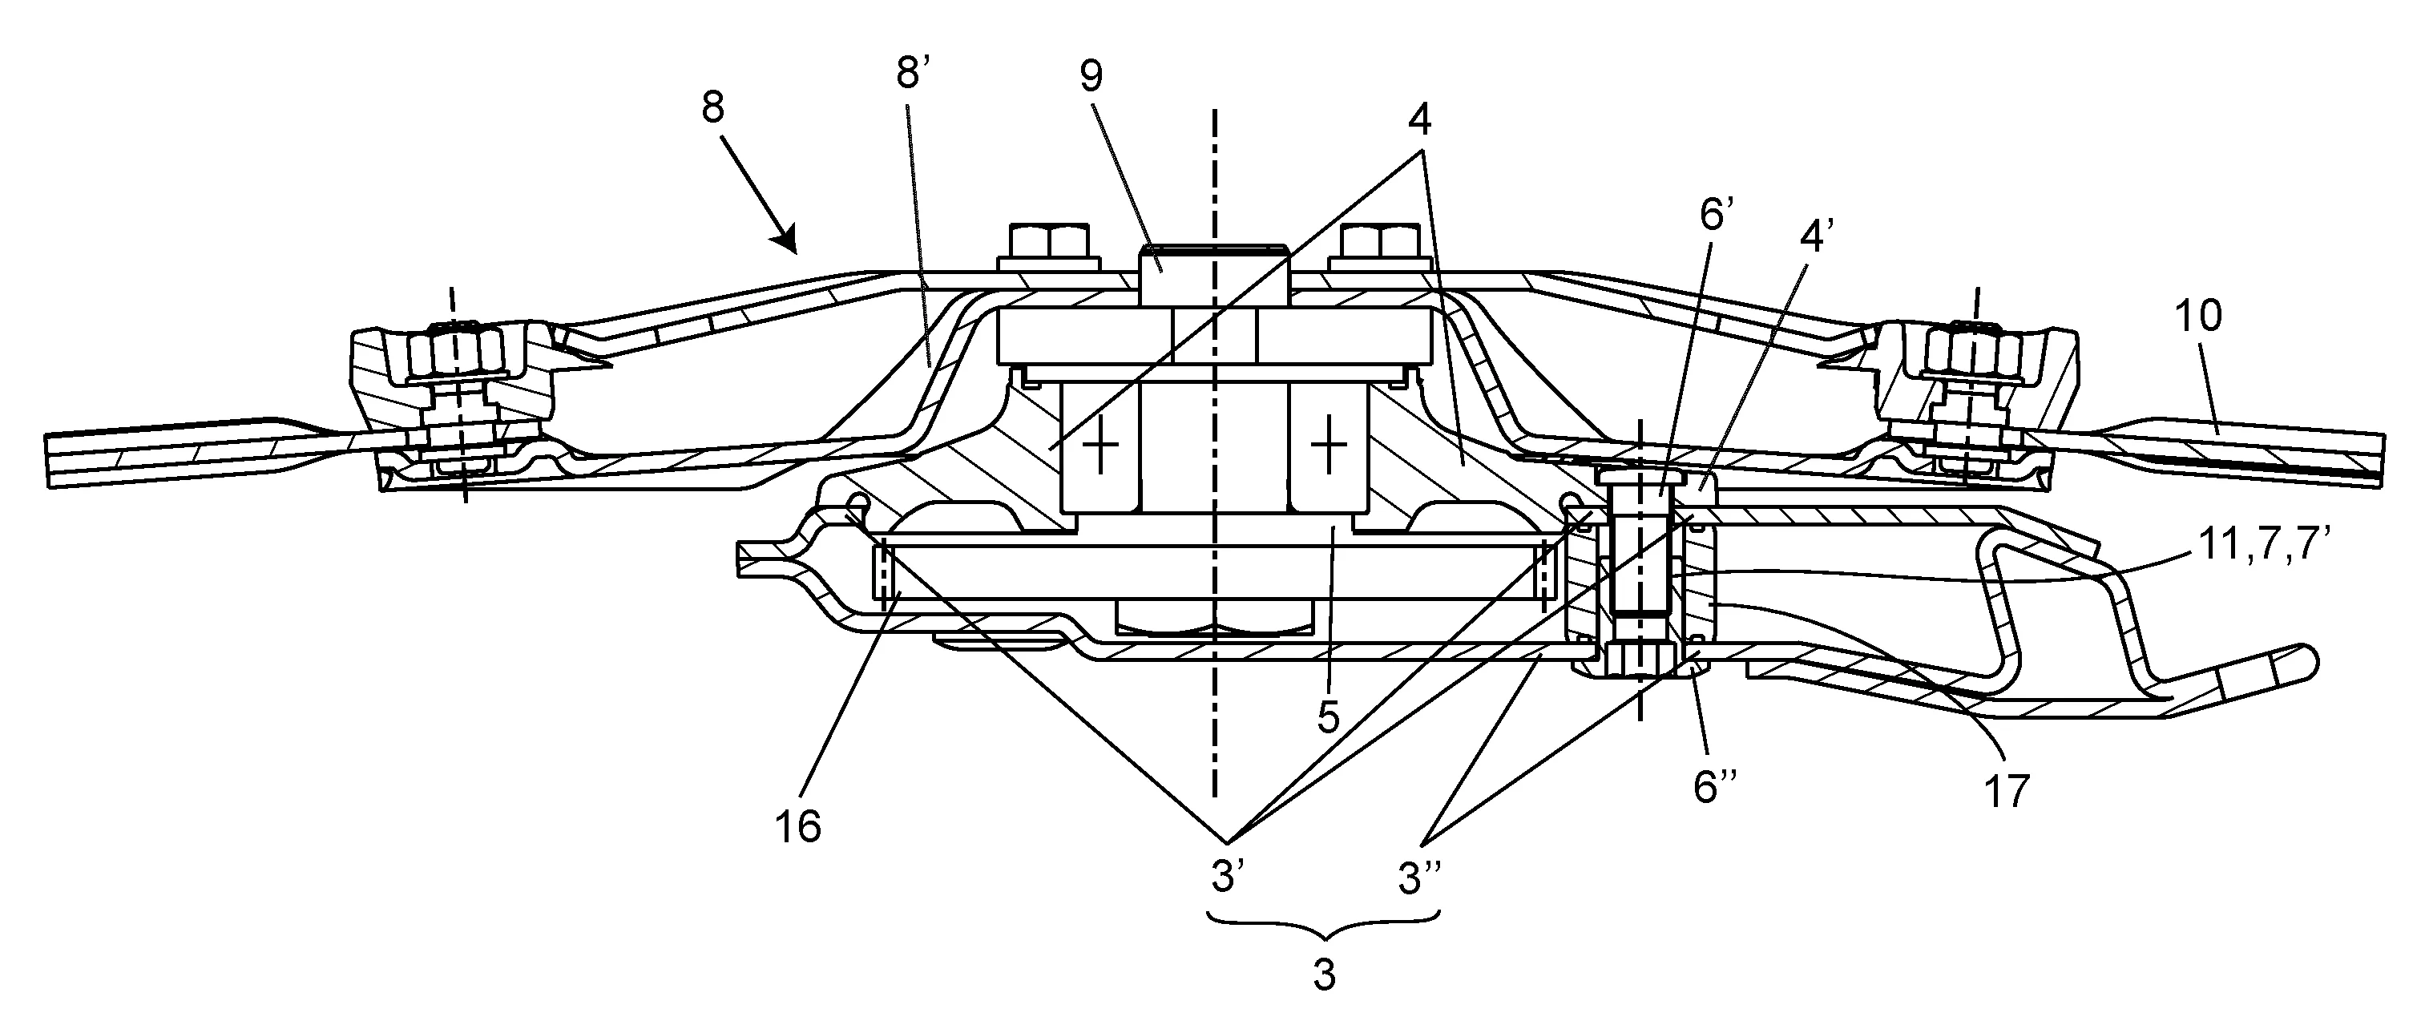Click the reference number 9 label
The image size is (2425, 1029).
(x=1091, y=75)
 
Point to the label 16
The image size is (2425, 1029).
(x=797, y=825)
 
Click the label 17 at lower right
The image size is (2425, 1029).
(x=2006, y=792)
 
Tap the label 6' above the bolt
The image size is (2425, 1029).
(x=1716, y=216)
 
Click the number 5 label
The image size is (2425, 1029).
(x=1327, y=716)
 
